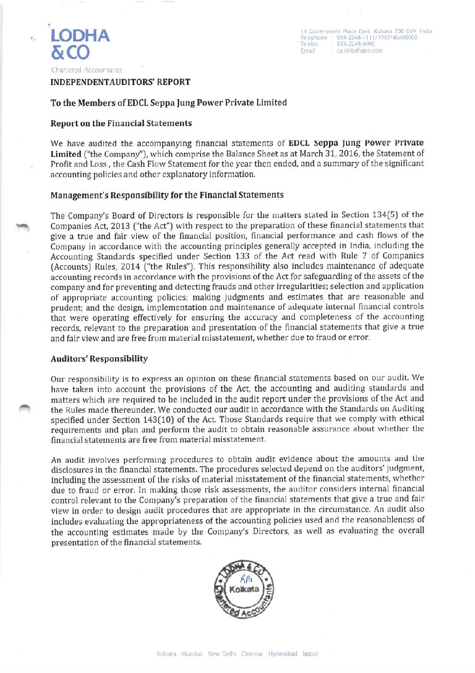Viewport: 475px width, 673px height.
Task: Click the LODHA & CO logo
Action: (x=80, y=44)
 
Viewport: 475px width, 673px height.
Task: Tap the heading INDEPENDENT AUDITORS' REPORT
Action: (x=120, y=82)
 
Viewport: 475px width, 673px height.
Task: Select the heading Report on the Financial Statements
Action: (x=121, y=123)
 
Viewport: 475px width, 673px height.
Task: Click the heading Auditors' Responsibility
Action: (x=99, y=359)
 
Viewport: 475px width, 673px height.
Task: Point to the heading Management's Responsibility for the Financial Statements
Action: (x=167, y=195)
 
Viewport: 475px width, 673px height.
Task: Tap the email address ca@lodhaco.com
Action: (x=360, y=51)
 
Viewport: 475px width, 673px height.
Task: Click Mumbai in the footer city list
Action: (x=192, y=654)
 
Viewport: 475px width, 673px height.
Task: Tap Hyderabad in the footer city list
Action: (x=283, y=654)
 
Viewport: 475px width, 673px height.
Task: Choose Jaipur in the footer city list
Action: (x=310, y=654)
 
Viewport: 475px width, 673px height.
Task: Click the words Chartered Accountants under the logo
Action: (x=87, y=70)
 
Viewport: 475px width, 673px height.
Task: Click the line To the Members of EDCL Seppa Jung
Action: (x=169, y=103)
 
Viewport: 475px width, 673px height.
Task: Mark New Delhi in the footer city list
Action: (x=222, y=654)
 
